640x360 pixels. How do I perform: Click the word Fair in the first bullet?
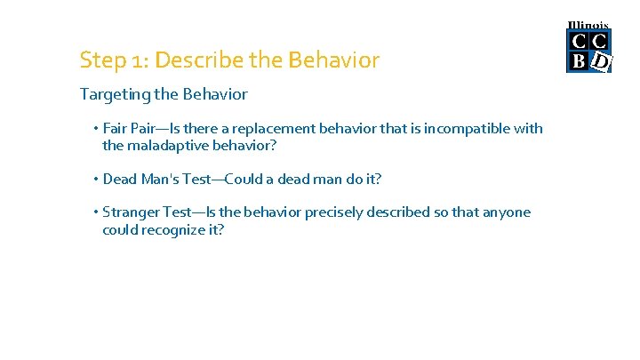(x=116, y=128)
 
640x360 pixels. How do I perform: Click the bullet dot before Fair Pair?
(x=95, y=128)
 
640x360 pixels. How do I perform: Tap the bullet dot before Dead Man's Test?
(x=95, y=179)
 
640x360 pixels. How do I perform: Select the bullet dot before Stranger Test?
(x=95, y=212)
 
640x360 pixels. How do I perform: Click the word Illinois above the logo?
(x=588, y=25)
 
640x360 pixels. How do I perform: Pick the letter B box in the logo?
(x=579, y=61)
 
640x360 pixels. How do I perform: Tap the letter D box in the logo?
(x=601, y=61)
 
